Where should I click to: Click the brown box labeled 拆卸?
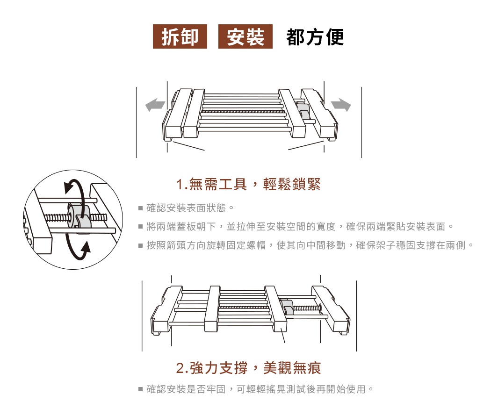pyautogui.click(x=180, y=36)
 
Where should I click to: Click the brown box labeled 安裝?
pyautogui.click(x=245, y=36)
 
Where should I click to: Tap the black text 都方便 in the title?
pyautogui.click(x=315, y=37)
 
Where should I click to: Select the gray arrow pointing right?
pyautogui.click(x=341, y=106)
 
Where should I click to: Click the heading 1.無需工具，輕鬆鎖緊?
pyautogui.click(x=249, y=185)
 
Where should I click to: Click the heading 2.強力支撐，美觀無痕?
pyautogui.click(x=249, y=368)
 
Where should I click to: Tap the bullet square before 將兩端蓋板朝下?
pyautogui.click(x=140, y=227)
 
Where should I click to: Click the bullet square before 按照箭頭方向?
pyautogui.click(x=140, y=245)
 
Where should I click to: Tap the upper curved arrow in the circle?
pyautogui.click(x=77, y=184)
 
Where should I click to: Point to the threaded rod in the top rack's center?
pyautogui.click(x=241, y=112)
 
